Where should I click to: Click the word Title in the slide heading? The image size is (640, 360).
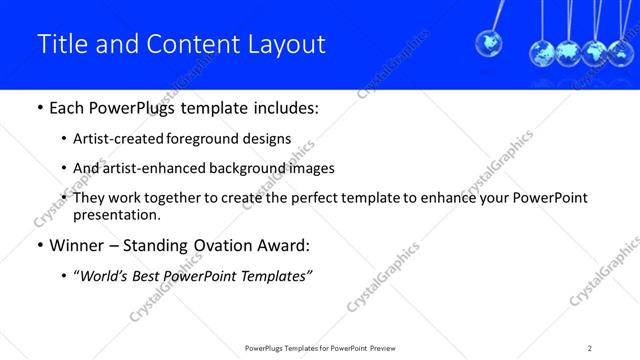[59, 44]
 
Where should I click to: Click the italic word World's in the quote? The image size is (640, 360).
[107, 275]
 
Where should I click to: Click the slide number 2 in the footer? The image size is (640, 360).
[590, 348]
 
